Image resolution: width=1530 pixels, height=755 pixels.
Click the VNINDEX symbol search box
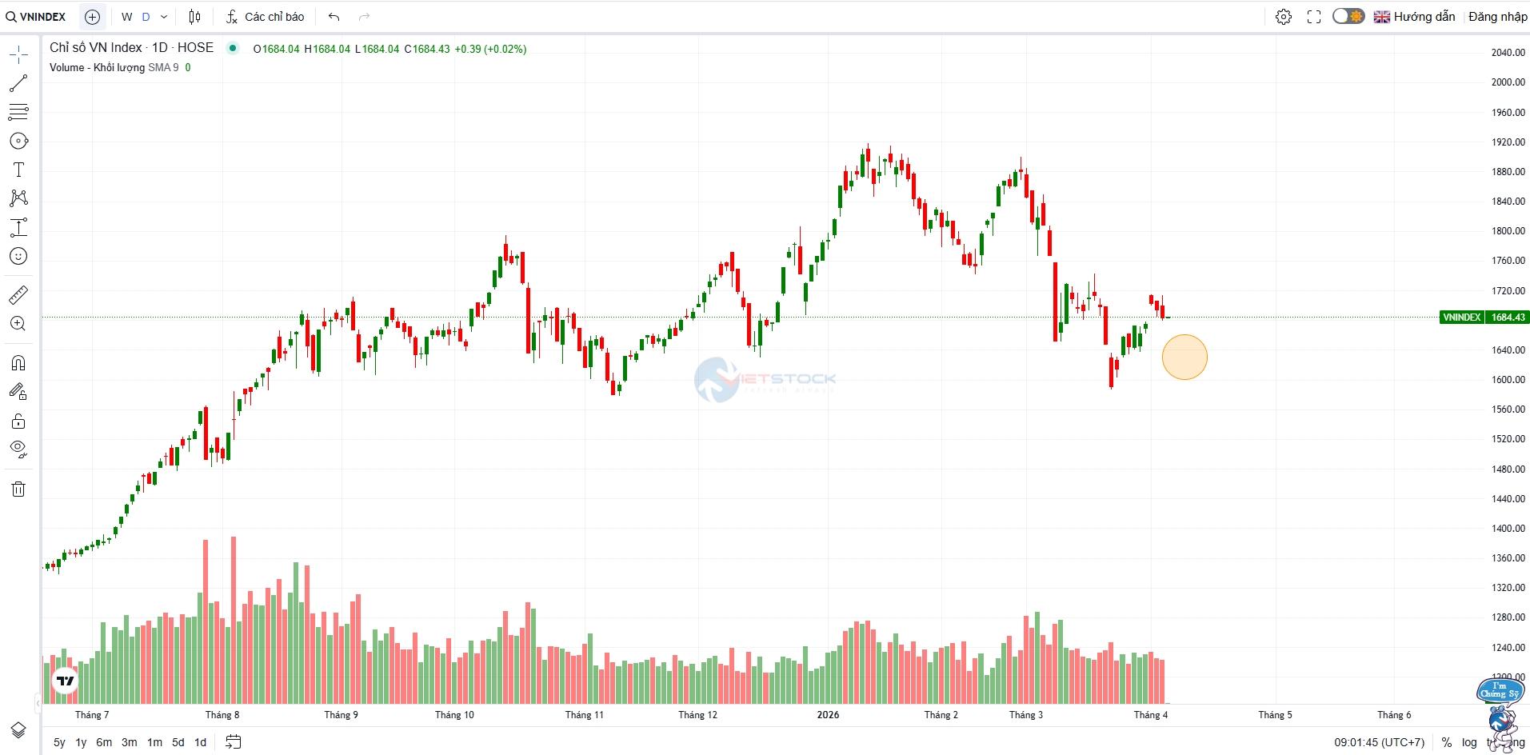point(37,17)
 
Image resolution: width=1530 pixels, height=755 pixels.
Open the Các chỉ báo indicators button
point(266,17)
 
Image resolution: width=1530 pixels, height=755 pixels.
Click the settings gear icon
point(1284,17)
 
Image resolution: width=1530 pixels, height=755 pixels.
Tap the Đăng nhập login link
point(1497,17)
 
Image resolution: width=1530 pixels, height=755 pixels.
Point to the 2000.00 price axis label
point(1508,82)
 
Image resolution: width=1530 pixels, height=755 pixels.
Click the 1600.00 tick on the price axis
point(1508,380)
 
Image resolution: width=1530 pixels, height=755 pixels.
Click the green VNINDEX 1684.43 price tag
point(1484,318)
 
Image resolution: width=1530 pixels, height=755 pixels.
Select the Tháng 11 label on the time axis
point(584,715)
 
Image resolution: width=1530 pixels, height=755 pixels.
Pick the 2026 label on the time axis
point(828,715)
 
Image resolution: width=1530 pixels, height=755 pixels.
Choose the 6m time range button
point(104,742)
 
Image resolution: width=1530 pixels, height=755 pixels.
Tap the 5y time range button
point(59,742)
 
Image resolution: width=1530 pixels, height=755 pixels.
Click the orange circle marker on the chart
point(1184,357)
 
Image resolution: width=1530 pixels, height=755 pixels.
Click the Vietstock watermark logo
point(765,378)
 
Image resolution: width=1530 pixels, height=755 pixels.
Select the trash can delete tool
point(18,489)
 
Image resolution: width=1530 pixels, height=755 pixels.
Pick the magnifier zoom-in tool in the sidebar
point(18,324)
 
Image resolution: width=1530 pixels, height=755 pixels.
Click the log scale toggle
point(1469,742)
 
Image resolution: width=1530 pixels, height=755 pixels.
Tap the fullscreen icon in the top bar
point(1314,17)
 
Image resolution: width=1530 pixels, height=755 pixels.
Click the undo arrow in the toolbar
point(334,17)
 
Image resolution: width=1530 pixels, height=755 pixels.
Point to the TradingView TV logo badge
point(66,681)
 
